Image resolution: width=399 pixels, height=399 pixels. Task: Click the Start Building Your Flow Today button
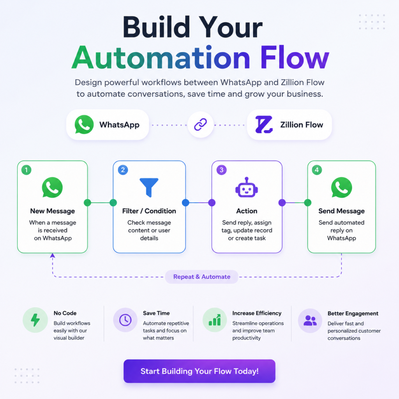pyautogui.click(x=199, y=371)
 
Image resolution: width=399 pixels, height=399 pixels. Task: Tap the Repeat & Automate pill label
pyautogui.click(x=201, y=277)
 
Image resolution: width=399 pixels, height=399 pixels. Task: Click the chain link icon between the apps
pyautogui.click(x=201, y=125)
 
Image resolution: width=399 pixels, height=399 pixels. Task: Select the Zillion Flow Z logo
pyautogui.click(x=264, y=124)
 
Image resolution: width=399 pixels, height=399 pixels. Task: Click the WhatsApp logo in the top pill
pyautogui.click(x=84, y=124)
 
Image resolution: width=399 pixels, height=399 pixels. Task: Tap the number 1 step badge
pyautogui.click(x=26, y=170)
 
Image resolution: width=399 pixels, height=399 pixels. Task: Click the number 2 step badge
pyautogui.click(x=123, y=170)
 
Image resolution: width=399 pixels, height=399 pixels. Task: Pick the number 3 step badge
pyautogui.click(x=221, y=170)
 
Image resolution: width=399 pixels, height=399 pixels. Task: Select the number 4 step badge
pyautogui.click(x=317, y=170)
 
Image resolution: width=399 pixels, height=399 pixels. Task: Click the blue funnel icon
pyautogui.click(x=149, y=187)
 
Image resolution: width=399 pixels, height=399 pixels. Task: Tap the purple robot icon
pyautogui.click(x=246, y=187)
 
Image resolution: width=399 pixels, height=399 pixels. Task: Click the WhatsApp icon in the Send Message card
pyautogui.click(x=341, y=187)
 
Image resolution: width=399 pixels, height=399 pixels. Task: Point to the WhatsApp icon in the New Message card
pyautogui.click(x=52, y=187)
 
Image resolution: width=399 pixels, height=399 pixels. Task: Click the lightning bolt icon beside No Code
pyautogui.click(x=35, y=320)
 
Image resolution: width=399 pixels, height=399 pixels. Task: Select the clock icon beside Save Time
pyautogui.click(x=125, y=320)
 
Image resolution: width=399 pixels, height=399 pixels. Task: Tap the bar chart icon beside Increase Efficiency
pyautogui.click(x=215, y=320)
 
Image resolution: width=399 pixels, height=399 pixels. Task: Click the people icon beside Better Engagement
pyautogui.click(x=310, y=320)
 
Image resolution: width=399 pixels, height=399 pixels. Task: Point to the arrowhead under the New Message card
pyautogui.click(x=53, y=255)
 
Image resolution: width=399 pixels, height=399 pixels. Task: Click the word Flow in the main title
pyautogui.click(x=295, y=58)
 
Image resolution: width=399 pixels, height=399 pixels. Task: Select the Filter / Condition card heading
pyautogui.click(x=149, y=211)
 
